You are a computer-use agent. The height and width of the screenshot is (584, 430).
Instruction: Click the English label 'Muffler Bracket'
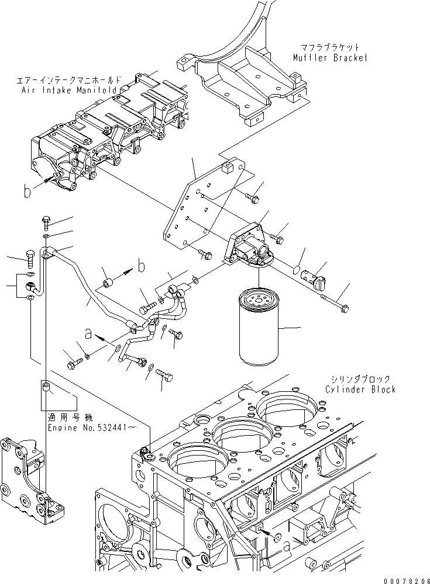pyautogui.click(x=330, y=57)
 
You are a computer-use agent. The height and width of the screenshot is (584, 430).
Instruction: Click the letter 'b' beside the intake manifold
pyautogui.click(x=27, y=191)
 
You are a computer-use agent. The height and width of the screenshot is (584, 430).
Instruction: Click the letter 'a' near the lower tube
pyautogui.click(x=88, y=334)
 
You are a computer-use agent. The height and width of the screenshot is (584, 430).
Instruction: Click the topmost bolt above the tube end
pyautogui.click(x=47, y=223)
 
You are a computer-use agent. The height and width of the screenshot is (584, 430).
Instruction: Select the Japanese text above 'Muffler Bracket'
pyautogui.click(x=331, y=47)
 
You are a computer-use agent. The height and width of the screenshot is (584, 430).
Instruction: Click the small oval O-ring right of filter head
pyautogui.click(x=297, y=270)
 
